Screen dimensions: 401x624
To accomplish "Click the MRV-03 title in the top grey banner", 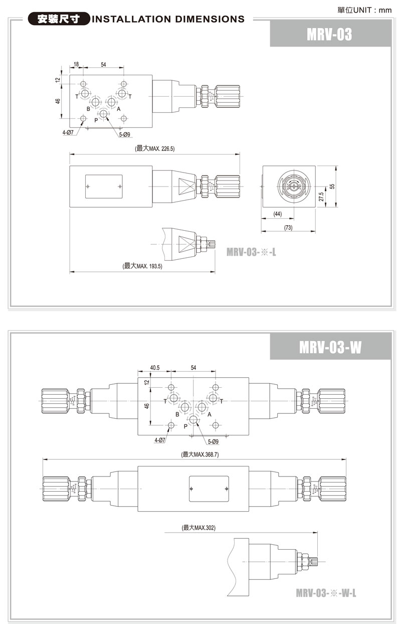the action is click(329, 34).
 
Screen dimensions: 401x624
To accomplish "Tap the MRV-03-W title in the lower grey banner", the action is click(330, 347).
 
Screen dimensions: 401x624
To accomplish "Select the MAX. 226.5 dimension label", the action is click(162, 148).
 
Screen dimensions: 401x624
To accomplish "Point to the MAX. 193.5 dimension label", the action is click(149, 266).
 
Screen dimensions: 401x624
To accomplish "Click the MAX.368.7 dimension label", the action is click(206, 454).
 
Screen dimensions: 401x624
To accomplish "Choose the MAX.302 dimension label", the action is click(205, 528).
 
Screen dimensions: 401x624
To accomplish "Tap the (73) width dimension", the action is click(288, 228).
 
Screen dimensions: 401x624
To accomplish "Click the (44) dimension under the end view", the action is click(278, 214).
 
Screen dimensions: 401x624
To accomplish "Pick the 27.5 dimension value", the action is click(321, 197).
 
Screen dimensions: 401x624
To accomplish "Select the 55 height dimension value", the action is click(332, 187).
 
